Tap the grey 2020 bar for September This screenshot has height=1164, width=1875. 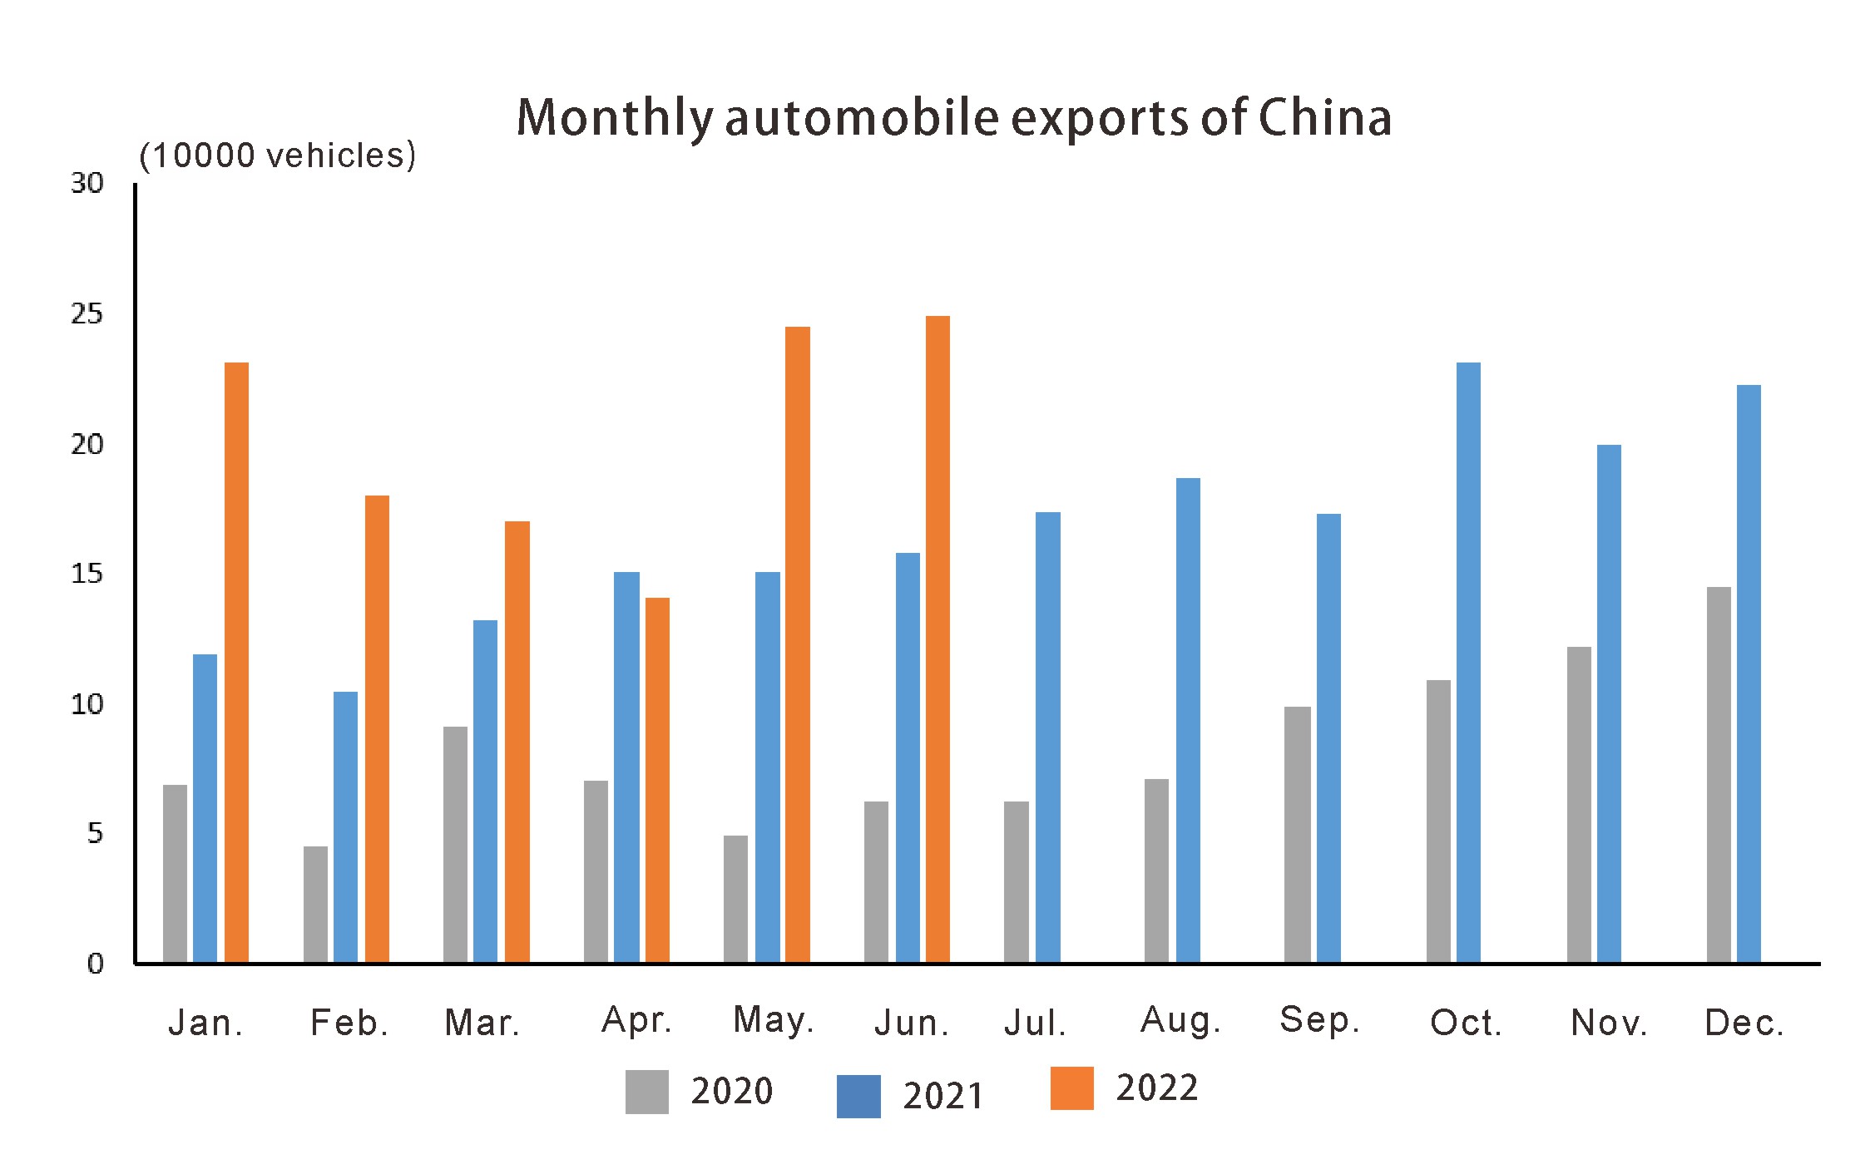(1297, 835)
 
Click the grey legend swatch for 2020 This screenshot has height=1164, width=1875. (646, 1092)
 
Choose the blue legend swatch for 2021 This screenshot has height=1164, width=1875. (858, 1096)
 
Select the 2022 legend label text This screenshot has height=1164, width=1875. (1156, 1088)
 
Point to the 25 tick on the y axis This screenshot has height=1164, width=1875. (87, 314)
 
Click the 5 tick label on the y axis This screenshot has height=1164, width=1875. (95, 833)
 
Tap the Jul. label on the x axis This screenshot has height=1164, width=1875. (1034, 1023)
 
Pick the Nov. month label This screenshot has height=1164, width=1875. (1608, 1023)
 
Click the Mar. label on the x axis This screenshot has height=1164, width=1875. (482, 1023)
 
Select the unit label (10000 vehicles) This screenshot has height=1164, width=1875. (277, 155)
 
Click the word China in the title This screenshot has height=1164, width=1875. (1323, 117)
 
